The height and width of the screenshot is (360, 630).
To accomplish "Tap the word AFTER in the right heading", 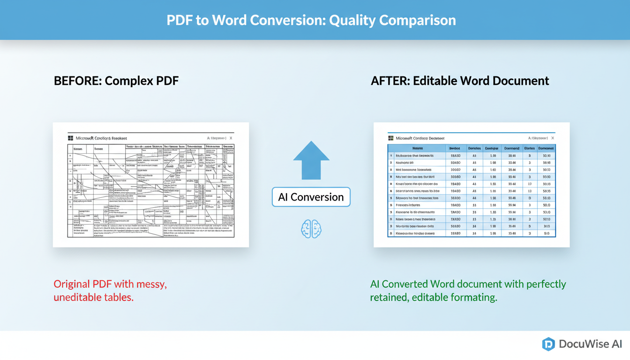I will point(390,81).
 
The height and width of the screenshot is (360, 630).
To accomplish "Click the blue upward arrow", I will point(311,160).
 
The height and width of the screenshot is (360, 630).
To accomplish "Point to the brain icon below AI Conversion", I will point(311,229).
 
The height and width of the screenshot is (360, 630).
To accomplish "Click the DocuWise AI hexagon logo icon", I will point(548,344).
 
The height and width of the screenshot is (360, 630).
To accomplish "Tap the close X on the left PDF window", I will point(231,138).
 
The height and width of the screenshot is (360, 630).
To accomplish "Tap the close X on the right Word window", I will point(553,138).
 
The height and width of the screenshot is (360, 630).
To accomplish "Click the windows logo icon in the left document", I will point(71,138).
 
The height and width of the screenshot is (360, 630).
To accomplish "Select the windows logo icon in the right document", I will point(390,138).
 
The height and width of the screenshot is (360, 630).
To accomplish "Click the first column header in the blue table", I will point(417,148).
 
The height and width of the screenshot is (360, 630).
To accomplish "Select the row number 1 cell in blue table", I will point(390,156).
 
